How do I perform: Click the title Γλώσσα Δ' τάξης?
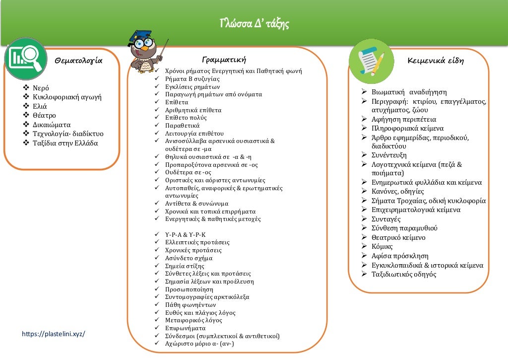click(x=254, y=23)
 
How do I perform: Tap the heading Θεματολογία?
click(x=78, y=61)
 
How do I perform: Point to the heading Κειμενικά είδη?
click(x=435, y=61)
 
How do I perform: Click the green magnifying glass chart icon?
click(x=26, y=59)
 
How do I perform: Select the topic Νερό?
click(x=41, y=88)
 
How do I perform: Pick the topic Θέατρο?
click(x=44, y=116)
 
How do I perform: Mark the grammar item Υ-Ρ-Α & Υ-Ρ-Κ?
click(x=185, y=234)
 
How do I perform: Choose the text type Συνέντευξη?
click(x=389, y=155)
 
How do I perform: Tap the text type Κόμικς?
click(x=382, y=246)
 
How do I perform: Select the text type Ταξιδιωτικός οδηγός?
click(x=404, y=274)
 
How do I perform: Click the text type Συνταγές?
click(x=386, y=219)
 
